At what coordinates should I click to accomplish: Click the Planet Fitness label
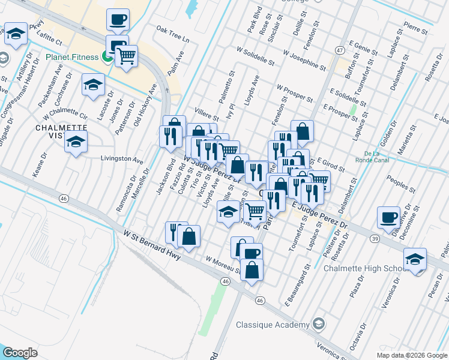click(72, 58)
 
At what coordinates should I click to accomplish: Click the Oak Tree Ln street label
click(172, 34)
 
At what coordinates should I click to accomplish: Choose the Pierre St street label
click(415, 28)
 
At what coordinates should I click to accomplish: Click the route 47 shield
click(340, 50)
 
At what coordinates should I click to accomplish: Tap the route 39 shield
click(375, 238)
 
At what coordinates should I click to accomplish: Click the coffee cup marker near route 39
click(388, 217)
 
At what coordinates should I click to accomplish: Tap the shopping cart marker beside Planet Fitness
click(127, 56)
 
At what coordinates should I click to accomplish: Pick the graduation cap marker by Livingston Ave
click(76, 142)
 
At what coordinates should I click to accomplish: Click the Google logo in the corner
click(20, 353)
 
